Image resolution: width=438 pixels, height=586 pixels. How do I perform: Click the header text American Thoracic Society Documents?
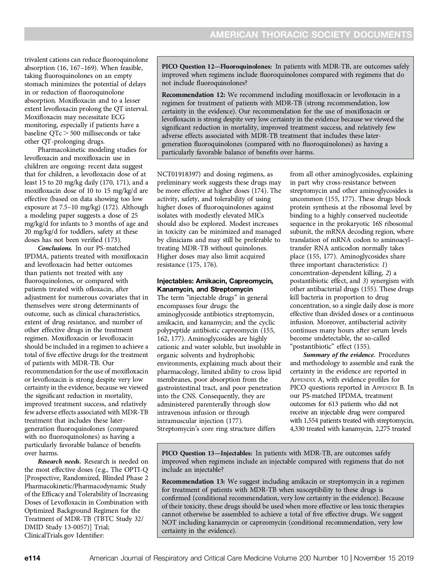(x=310, y=34)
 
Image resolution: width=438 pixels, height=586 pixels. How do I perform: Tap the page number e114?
(x=32, y=558)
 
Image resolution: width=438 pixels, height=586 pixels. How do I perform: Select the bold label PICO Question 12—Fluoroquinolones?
(x=217, y=66)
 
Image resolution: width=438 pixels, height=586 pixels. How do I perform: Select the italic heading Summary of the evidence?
(x=339, y=355)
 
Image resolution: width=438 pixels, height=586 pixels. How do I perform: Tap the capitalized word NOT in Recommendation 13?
(x=169, y=523)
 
